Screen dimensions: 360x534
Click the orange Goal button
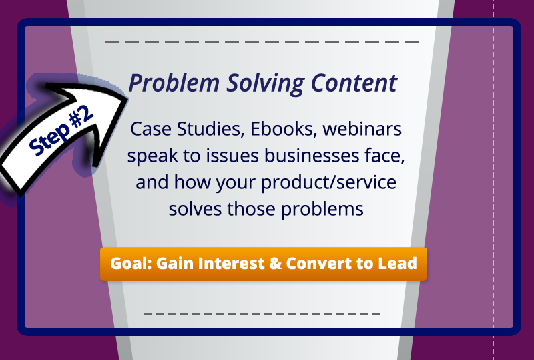coord(264,263)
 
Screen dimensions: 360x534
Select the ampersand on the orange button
coord(274,263)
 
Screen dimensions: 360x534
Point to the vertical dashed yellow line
coord(493,200)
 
